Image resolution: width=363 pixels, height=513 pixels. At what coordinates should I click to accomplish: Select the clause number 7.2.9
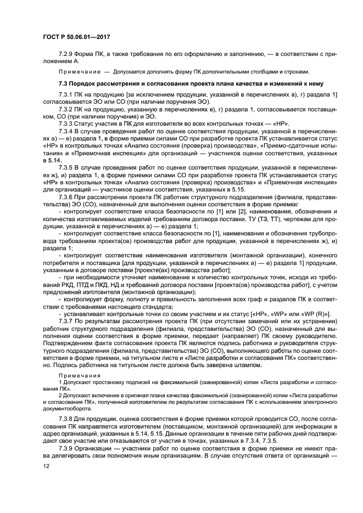68,54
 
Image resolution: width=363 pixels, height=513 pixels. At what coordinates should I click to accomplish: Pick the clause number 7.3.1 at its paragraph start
68,95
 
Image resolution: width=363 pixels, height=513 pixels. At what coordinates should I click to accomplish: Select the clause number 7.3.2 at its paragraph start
68,109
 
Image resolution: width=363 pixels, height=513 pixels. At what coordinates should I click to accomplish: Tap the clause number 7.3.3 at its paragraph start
68,123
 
